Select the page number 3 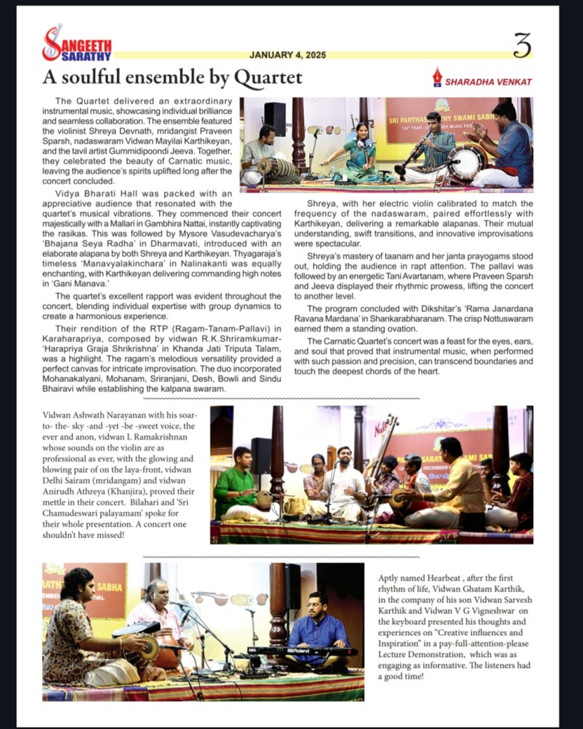coord(522,46)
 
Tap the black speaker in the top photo coord(275,118)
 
